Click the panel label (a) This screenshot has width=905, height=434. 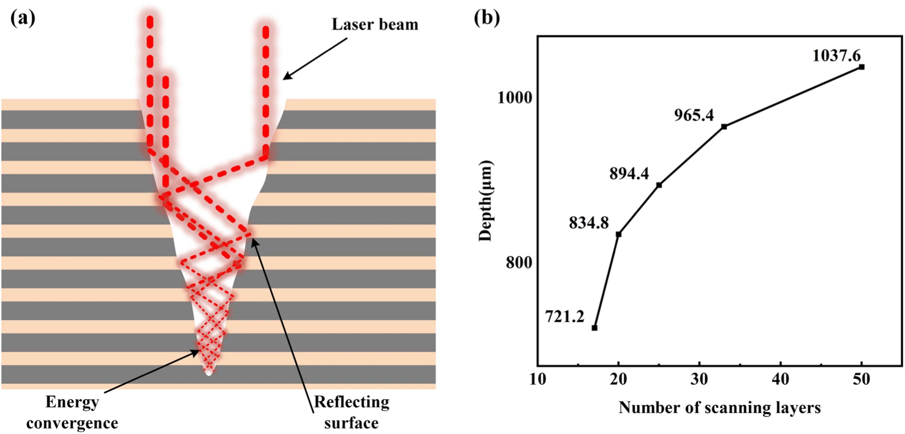23,18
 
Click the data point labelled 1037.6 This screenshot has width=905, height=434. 862,67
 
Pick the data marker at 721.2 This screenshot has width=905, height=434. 594,328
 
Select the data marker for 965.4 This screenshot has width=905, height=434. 724,126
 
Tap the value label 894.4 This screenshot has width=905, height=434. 629,174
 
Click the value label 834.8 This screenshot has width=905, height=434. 589,223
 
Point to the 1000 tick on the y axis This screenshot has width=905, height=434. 515,97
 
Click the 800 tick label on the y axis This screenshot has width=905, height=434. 519,263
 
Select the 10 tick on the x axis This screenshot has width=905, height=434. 538,379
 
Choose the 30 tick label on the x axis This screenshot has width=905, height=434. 700,379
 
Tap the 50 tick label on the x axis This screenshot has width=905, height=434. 862,379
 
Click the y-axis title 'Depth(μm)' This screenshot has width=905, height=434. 486,201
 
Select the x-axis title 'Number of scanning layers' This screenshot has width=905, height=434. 719,408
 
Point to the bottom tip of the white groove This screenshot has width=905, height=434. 209,376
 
